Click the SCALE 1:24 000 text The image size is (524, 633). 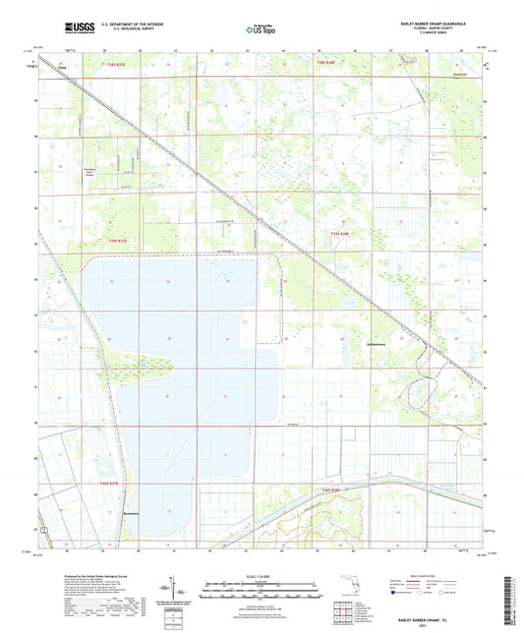[261, 576]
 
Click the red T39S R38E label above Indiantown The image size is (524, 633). [340, 234]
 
